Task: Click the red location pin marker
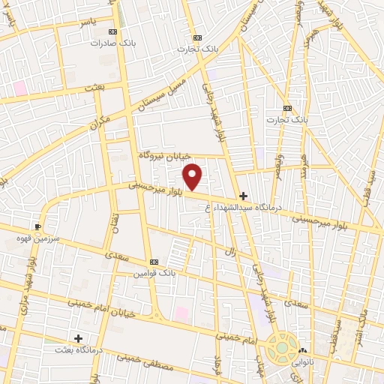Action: point(193,176)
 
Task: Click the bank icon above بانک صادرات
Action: point(112,32)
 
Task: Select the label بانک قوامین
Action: point(154,274)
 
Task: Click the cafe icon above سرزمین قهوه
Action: point(38,226)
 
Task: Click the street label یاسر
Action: point(90,22)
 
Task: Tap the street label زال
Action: point(231,253)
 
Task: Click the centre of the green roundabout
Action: point(281,348)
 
